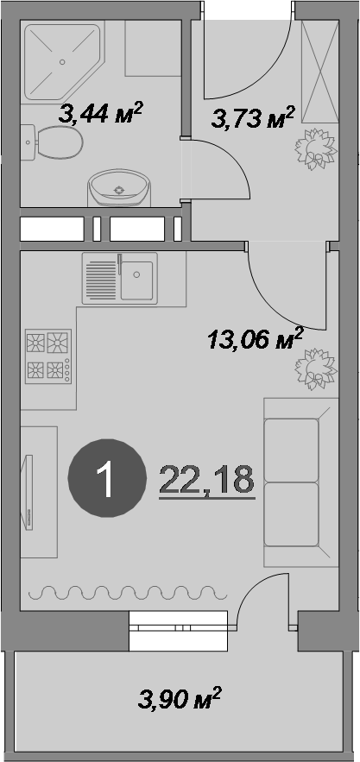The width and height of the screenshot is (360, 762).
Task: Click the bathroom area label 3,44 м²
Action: pos(100,113)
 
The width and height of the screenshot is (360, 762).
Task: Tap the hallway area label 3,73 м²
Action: pos(254,117)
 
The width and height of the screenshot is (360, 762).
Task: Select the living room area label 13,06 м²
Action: pos(256,339)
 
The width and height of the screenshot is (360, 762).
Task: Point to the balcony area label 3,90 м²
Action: pos(180,698)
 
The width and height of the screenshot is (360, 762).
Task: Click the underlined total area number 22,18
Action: pos(207,480)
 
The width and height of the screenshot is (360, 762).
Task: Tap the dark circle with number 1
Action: pos(107,478)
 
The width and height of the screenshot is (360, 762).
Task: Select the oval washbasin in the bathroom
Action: pos(118,187)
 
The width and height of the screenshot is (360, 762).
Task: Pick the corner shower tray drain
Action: pos(62,62)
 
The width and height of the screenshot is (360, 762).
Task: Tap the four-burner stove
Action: pos(48,356)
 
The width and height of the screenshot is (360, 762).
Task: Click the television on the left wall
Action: pos(28,491)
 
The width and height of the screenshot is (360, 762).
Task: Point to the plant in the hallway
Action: pos(316,149)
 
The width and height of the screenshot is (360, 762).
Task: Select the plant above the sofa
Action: pos(316,369)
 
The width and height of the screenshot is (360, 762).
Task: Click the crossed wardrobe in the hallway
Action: pos(319,72)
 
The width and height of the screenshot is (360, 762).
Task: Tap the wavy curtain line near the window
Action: pos(128,592)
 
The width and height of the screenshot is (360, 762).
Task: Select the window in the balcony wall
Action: pos(178,631)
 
